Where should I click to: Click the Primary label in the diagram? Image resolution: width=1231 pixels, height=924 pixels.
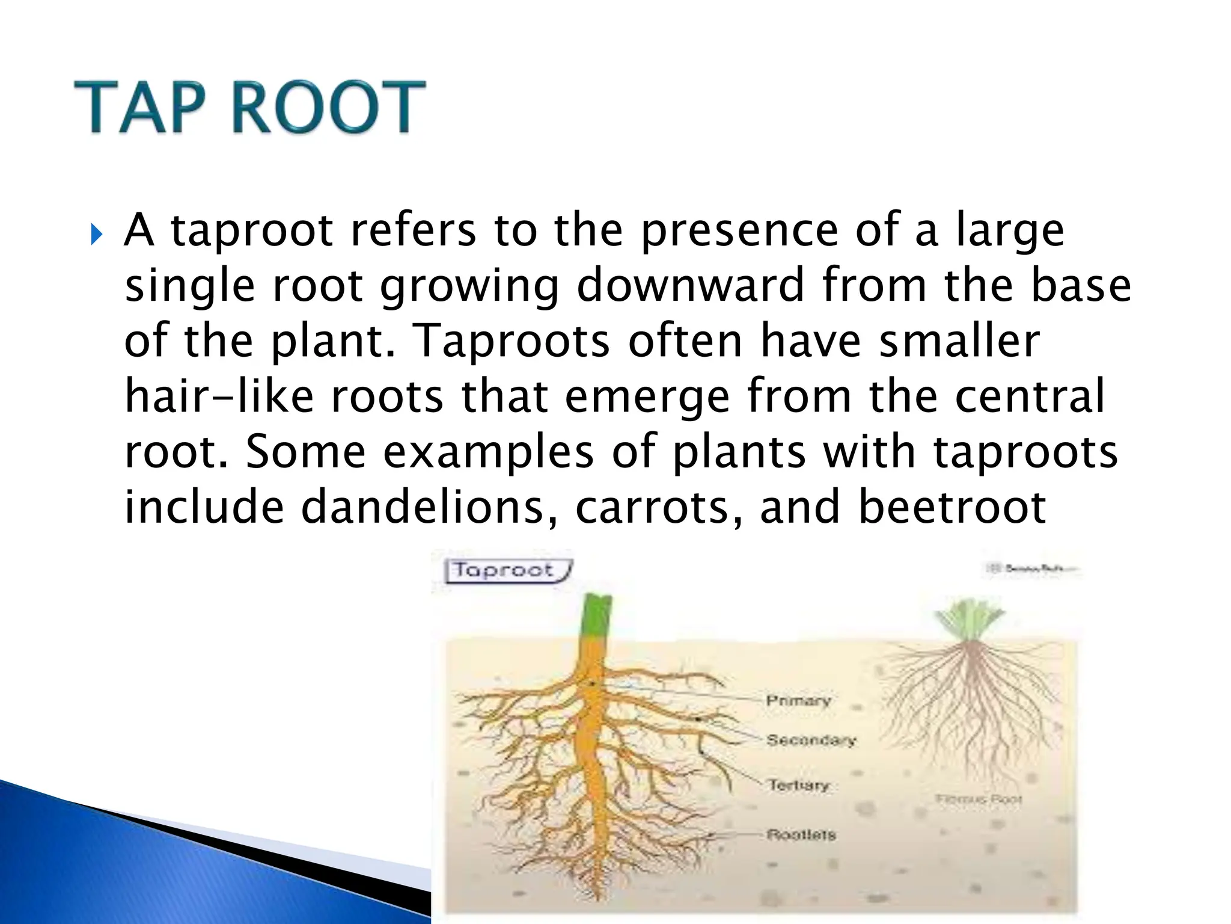click(798, 701)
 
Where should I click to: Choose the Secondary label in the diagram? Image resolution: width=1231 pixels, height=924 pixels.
click(811, 740)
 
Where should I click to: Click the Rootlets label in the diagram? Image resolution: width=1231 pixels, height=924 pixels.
click(801, 835)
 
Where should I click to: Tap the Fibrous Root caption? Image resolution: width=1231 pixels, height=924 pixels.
click(979, 799)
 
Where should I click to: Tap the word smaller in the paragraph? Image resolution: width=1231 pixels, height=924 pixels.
click(959, 340)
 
